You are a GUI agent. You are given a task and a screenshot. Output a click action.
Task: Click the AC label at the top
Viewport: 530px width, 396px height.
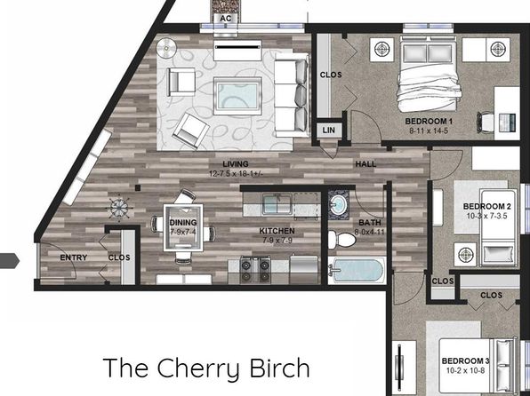(226, 19)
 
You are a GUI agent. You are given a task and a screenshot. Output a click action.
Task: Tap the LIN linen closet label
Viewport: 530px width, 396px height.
(328, 130)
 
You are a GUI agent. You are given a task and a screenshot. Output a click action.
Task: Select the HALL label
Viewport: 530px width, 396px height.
(365, 164)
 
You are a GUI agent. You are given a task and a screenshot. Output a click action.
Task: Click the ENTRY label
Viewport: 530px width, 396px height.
(73, 257)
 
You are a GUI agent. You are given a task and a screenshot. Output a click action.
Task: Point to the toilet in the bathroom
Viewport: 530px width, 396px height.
(341, 240)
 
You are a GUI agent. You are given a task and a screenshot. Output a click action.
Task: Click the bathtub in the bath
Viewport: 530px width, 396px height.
(357, 270)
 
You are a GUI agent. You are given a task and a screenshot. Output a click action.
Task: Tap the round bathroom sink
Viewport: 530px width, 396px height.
(338, 204)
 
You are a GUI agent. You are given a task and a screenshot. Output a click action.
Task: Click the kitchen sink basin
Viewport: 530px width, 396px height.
(277, 204)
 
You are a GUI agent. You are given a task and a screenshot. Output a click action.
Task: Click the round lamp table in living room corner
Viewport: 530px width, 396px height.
(166, 48)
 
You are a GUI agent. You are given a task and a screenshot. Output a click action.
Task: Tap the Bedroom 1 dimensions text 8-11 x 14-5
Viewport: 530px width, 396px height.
(429, 131)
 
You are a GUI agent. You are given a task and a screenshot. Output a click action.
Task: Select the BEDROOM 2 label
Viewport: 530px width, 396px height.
(487, 206)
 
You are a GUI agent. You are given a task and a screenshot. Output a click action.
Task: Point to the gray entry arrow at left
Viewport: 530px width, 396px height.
(10, 261)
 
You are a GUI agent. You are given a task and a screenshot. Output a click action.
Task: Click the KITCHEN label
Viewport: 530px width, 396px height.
(277, 231)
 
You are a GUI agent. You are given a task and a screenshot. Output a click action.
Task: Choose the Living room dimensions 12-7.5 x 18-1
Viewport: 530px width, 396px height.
(236, 174)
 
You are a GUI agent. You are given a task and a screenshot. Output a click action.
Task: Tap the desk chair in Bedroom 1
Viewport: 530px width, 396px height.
(485, 122)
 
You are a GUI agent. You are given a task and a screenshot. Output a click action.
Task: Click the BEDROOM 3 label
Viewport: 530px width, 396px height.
(465, 360)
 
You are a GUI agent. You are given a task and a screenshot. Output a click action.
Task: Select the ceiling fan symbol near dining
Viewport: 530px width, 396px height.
(119, 208)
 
